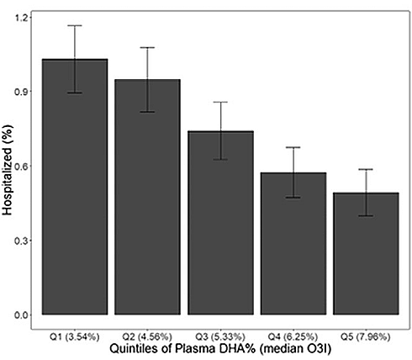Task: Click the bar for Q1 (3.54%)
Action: point(75,187)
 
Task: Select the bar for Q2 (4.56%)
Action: point(147,197)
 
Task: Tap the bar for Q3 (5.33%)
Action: point(220,223)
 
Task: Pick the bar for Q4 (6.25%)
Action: point(293,243)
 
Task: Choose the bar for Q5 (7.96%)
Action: point(366,253)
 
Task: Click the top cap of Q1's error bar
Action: point(75,25)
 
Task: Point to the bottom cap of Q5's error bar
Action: point(366,215)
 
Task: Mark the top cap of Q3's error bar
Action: point(220,102)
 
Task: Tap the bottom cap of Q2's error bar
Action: point(147,112)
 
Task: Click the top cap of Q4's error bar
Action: point(293,147)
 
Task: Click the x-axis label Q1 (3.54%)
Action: point(75,336)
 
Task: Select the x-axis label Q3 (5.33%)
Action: point(220,336)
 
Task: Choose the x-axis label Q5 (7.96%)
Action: point(366,336)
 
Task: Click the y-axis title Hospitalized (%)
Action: point(8,171)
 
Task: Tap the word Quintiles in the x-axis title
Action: point(131,349)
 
